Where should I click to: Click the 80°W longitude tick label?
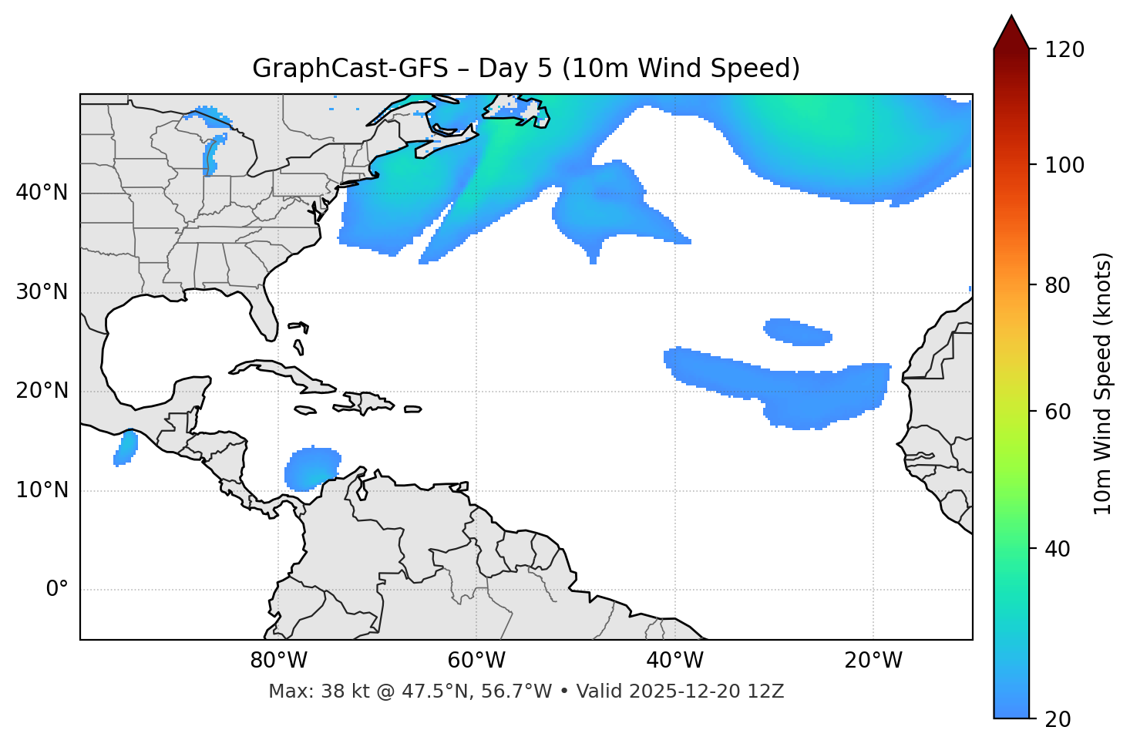coord(278,661)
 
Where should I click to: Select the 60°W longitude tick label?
coord(476,661)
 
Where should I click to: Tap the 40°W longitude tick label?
coord(674,661)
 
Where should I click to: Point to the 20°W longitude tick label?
coord(873,661)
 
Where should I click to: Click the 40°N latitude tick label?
coord(42,193)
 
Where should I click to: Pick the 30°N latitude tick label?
coord(42,292)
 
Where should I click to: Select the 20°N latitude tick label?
coord(42,391)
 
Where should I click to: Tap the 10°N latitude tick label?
coord(42,490)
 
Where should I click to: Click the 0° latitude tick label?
coord(57,590)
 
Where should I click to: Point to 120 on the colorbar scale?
coord(1064,49)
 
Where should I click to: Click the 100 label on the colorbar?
coord(1064,165)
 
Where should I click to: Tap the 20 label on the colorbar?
coord(1058,719)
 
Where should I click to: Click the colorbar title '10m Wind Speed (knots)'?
coord(1103,384)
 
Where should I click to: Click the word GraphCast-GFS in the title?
coord(350,69)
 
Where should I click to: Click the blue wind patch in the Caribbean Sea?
coord(311,469)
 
